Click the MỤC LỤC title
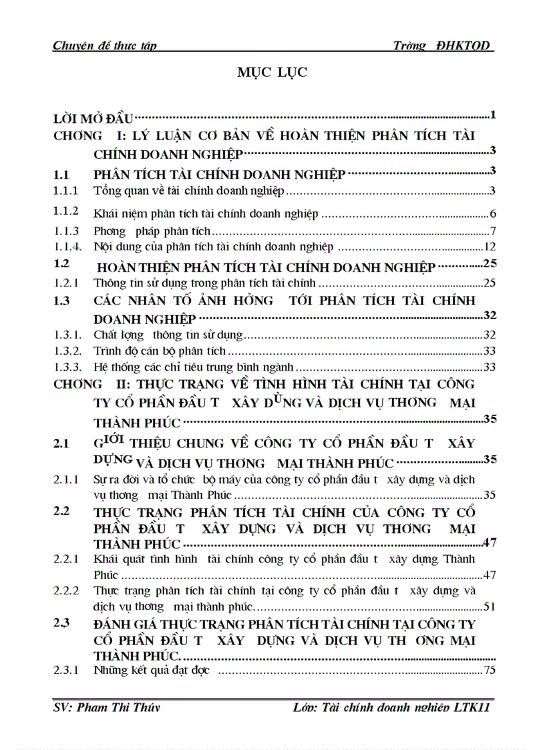[x=272, y=73]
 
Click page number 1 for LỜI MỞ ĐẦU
[x=492, y=116]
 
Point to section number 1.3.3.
[x=68, y=367]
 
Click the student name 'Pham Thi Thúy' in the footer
[x=102, y=726]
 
